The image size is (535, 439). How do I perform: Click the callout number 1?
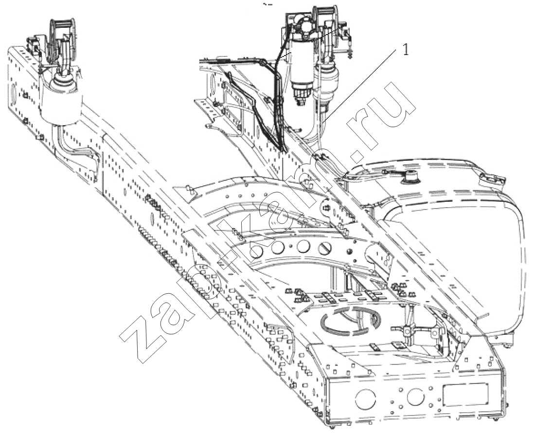pyautogui.click(x=406, y=51)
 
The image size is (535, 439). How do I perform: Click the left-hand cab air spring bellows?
pyautogui.click(x=61, y=101)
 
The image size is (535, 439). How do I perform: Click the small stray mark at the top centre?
pyautogui.click(x=268, y=4)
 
